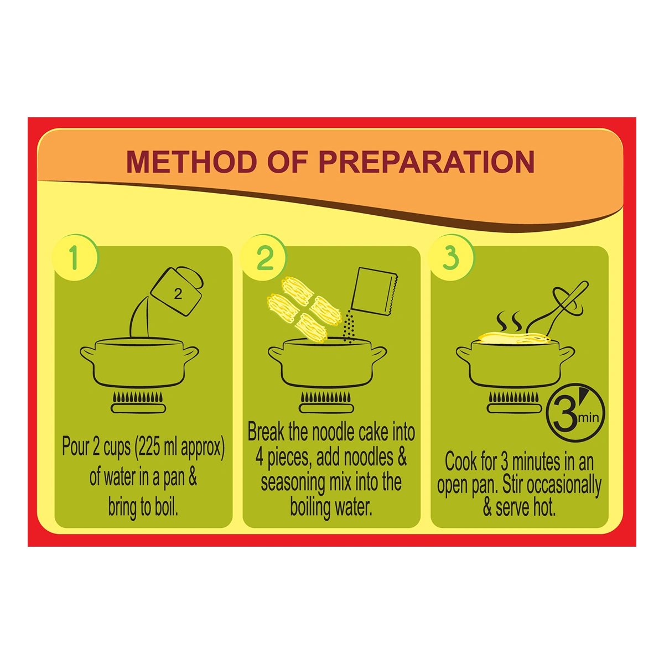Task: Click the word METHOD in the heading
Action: point(191,162)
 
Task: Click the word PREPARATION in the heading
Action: point(426,162)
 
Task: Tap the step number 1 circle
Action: point(75,257)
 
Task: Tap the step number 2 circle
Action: point(263,257)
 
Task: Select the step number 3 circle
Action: point(452,257)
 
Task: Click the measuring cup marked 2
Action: point(177,291)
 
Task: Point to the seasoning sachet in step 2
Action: point(374,292)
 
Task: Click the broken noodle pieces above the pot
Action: point(303,309)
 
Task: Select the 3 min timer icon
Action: point(575,412)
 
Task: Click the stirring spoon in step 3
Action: point(558,309)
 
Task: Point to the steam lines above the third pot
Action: point(509,321)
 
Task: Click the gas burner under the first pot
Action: point(138,402)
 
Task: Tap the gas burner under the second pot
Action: point(326,402)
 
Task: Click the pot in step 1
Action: point(139,362)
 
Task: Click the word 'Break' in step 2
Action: point(266,432)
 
